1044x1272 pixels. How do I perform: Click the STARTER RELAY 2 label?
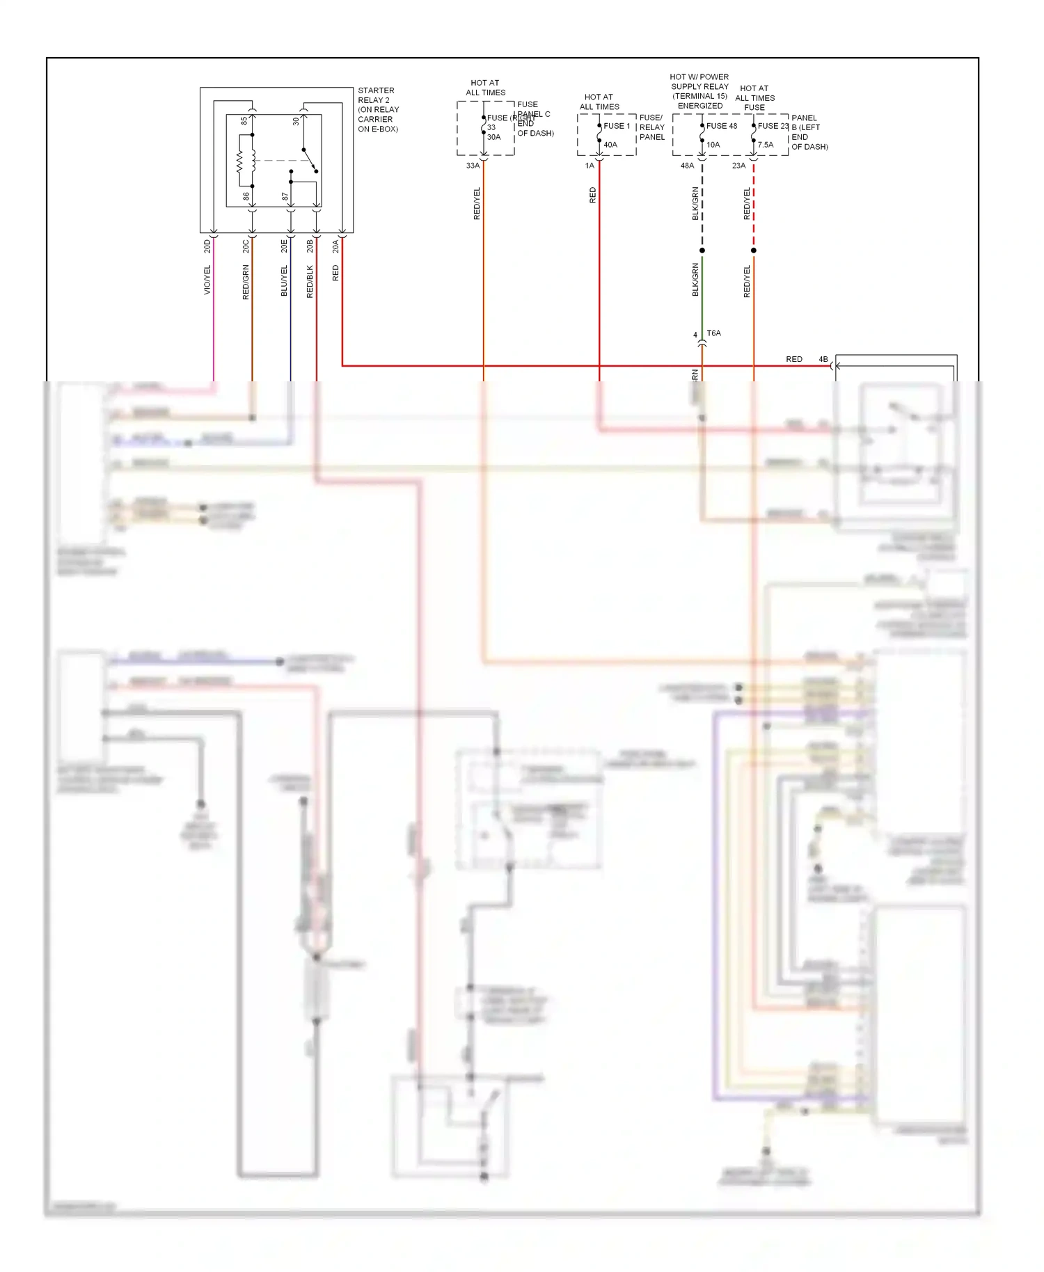click(x=376, y=95)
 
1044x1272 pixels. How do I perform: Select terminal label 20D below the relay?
click(x=207, y=246)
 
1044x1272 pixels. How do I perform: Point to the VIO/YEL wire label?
click(x=207, y=280)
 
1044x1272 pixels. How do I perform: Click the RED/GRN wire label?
click(x=246, y=283)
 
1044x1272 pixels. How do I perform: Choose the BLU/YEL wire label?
click(x=284, y=281)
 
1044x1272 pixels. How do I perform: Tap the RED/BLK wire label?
click(x=310, y=282)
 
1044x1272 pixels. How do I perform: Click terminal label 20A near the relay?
click(x=335, y=246)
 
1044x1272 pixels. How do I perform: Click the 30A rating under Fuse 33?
click(x=493, y=137)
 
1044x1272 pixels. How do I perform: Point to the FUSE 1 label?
click(x=617, y=126)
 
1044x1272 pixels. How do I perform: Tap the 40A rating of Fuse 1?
click(x=610, y=145)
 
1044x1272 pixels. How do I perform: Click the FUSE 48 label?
click(x=722, y=126)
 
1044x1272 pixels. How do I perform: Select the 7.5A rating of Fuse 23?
click(x=765, y=145)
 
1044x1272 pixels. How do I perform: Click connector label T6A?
click(x=713, y=333)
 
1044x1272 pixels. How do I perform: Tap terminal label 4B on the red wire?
click(x=823, y=359)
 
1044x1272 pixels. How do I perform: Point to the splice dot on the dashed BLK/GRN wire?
click(x=702, y=251)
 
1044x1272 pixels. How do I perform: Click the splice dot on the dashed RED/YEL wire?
click(x=754, y=251)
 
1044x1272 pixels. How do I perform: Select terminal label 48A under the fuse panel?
click(x=687, y=166)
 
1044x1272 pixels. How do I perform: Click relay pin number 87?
click(x=285, y=197)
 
